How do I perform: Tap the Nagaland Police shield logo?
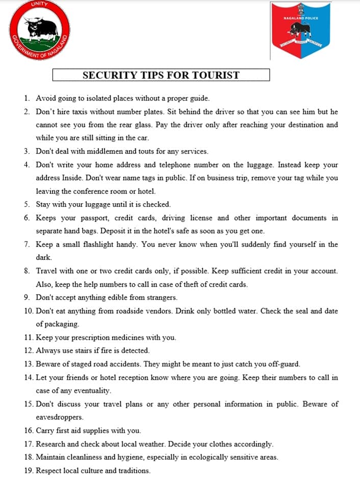[301, 30]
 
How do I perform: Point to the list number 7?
[27, 244]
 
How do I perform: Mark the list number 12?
[28, 351]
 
